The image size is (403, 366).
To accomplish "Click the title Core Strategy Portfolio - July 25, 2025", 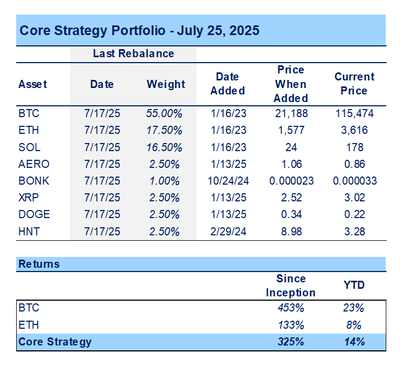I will (139, 30).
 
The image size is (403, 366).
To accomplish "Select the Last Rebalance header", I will (133, 53).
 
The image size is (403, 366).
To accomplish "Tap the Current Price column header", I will (354, 84).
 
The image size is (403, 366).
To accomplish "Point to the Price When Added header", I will (291, 84).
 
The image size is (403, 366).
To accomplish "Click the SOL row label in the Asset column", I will (29, 147).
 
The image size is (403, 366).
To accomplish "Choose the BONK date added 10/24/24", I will (227, 181).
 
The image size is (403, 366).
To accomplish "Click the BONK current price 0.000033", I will (354, 181).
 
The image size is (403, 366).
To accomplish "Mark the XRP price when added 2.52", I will (291, 198).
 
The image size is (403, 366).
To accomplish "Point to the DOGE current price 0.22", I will (354, 214).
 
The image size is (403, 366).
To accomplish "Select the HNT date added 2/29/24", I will (227, 232).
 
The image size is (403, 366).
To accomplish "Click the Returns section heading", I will (39, 264).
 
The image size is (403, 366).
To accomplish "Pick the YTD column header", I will (353, 285).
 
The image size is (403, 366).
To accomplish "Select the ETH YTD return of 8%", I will (353, 325).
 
